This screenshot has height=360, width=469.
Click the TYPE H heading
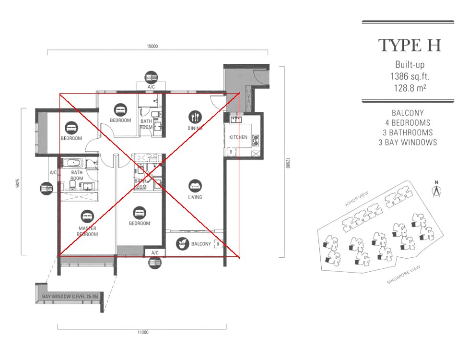tap(410, 46)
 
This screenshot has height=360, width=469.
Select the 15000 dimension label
tap(152, 47)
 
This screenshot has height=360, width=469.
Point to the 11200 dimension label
tap(143, 332)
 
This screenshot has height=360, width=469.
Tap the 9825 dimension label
tap(18, 183)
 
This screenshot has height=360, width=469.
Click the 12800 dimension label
tap(287, 163)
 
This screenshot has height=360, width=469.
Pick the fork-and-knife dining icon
tap(195, 117)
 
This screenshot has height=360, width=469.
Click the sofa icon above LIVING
tap(195, 186)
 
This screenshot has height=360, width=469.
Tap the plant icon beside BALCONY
tap(182, 244)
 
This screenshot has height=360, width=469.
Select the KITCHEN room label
tap(238, 137)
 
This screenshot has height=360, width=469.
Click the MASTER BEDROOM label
tap(87, 231)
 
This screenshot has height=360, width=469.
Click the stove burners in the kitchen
tap(255, 140)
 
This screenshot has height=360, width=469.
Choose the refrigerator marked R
tap(231, 152)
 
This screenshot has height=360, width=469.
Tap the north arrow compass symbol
tap(437, 189)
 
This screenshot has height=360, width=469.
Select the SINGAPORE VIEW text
tap(403, 275)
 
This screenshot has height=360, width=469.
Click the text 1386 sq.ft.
tap(410, 76)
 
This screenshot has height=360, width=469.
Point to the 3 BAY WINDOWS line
tap(408, 142)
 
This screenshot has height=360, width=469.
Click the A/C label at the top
tap(152, 87)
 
